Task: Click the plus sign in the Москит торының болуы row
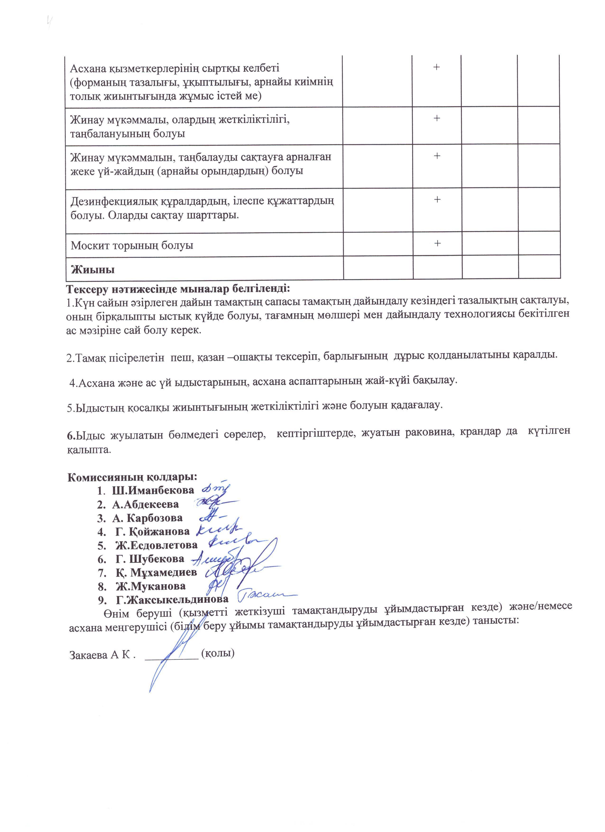point(437,243)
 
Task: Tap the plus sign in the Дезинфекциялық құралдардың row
point(437,200)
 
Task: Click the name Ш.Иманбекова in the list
point(153,490)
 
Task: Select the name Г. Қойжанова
point(152,531)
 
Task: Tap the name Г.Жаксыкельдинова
point(172,599)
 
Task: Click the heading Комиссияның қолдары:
point(133,477)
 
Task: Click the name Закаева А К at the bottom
point(100,655)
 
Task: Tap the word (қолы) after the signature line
point(218,653)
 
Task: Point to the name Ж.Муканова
point(151,586)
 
